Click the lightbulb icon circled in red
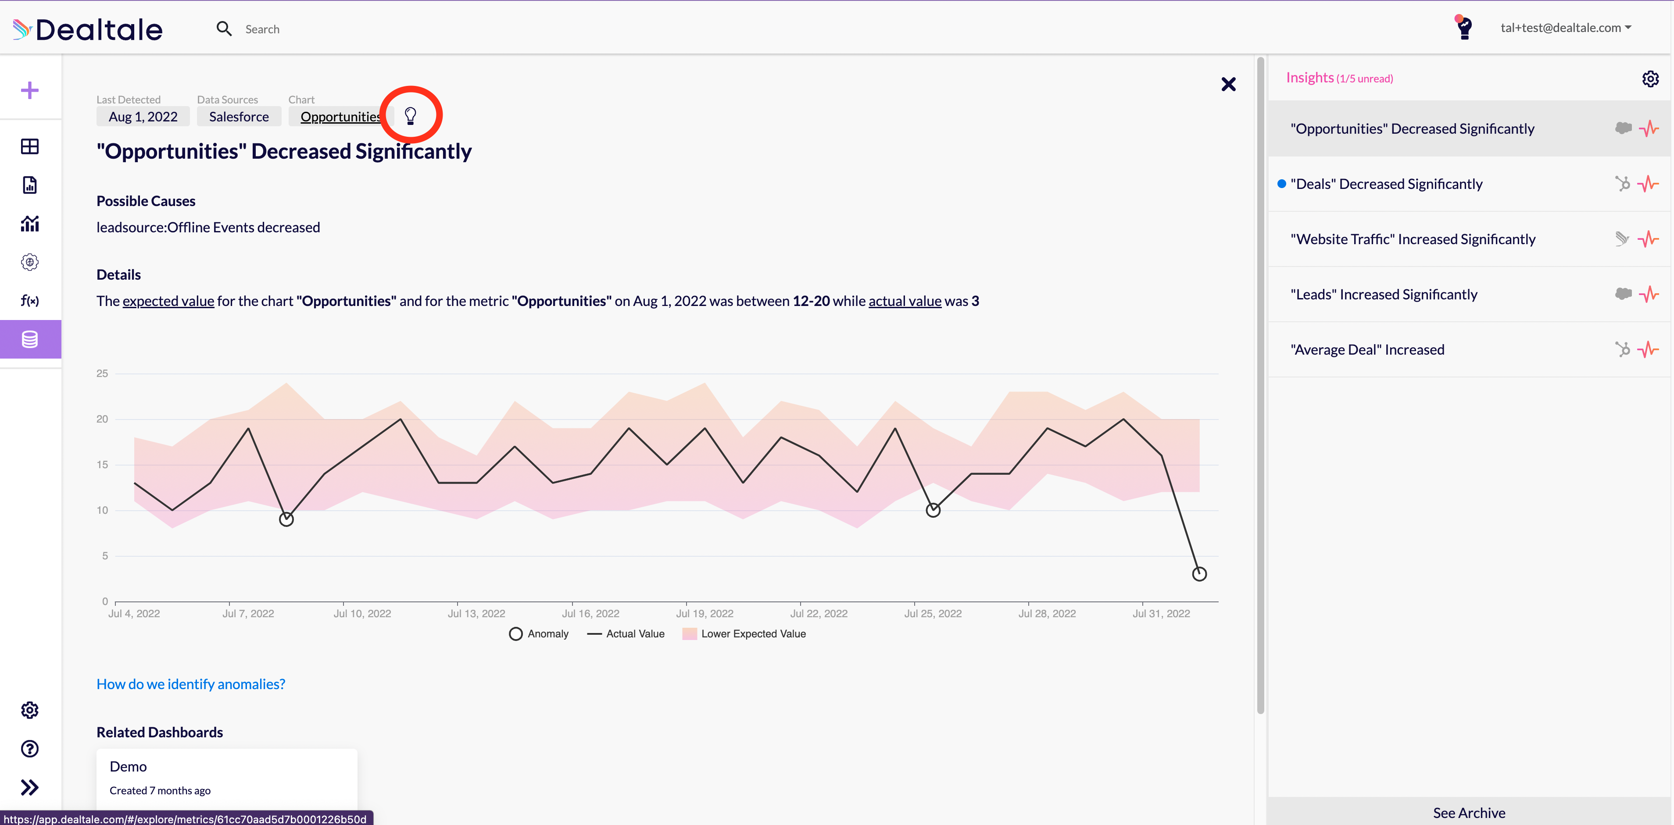[410, 116]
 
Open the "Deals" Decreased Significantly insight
[1386, 184]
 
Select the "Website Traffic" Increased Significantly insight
[1413, 239]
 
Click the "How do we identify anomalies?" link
[190, 684]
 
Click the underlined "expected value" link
[168, 301]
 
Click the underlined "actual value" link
[905, 301]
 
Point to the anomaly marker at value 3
[1199, 574]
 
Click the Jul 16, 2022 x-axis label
[590, 613]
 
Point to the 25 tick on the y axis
[102, 373]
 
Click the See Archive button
[1469, 813]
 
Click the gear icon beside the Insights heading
[1650, 78]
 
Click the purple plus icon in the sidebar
[30, 90]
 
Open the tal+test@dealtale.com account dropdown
[1566, 27]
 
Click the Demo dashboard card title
[128, 767]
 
